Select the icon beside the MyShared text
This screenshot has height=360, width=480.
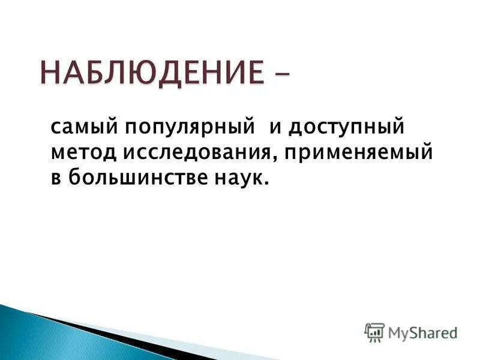click(374, 332)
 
